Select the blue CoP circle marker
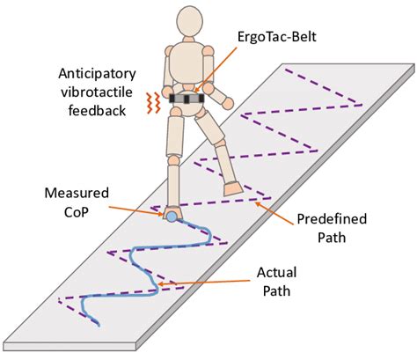tap(172, 214)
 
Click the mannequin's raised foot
tap(233, 187)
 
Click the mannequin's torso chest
tap(186, 70)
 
